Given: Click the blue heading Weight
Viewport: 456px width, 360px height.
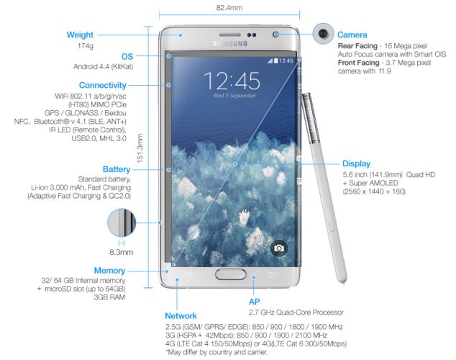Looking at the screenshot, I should (81, 35).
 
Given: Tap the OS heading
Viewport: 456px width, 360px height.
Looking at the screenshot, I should (127, 56).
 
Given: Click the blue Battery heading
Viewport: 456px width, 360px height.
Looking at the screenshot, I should (117, 168).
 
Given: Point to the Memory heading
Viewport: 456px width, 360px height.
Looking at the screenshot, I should (109, 270).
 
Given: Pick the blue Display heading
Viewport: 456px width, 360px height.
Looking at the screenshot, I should (356, 163).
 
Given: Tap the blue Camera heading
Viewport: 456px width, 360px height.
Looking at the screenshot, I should (352, 35).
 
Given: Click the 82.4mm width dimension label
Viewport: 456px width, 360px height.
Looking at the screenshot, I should (229, 7).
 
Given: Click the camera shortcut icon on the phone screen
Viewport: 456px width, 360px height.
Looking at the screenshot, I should (279, 248).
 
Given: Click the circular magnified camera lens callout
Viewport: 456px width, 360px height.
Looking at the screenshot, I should (322, 33).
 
